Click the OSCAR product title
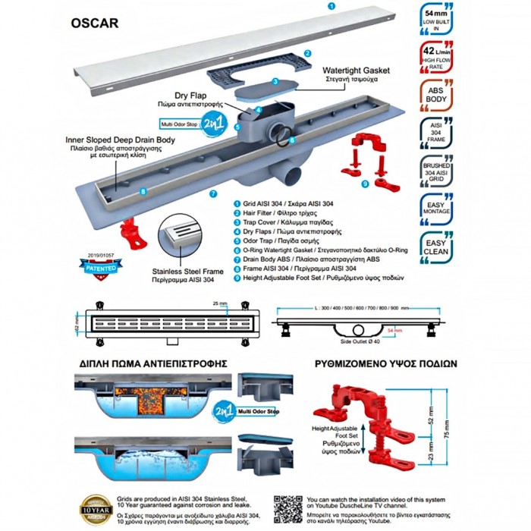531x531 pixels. pyautogui.click(x=95, y=23)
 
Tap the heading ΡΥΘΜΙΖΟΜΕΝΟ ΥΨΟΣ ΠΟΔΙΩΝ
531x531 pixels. pyautogui.click(x=385, y=363)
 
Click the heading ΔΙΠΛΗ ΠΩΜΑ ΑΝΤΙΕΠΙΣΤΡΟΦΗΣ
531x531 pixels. pyautogui.click(x=154, y=363)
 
